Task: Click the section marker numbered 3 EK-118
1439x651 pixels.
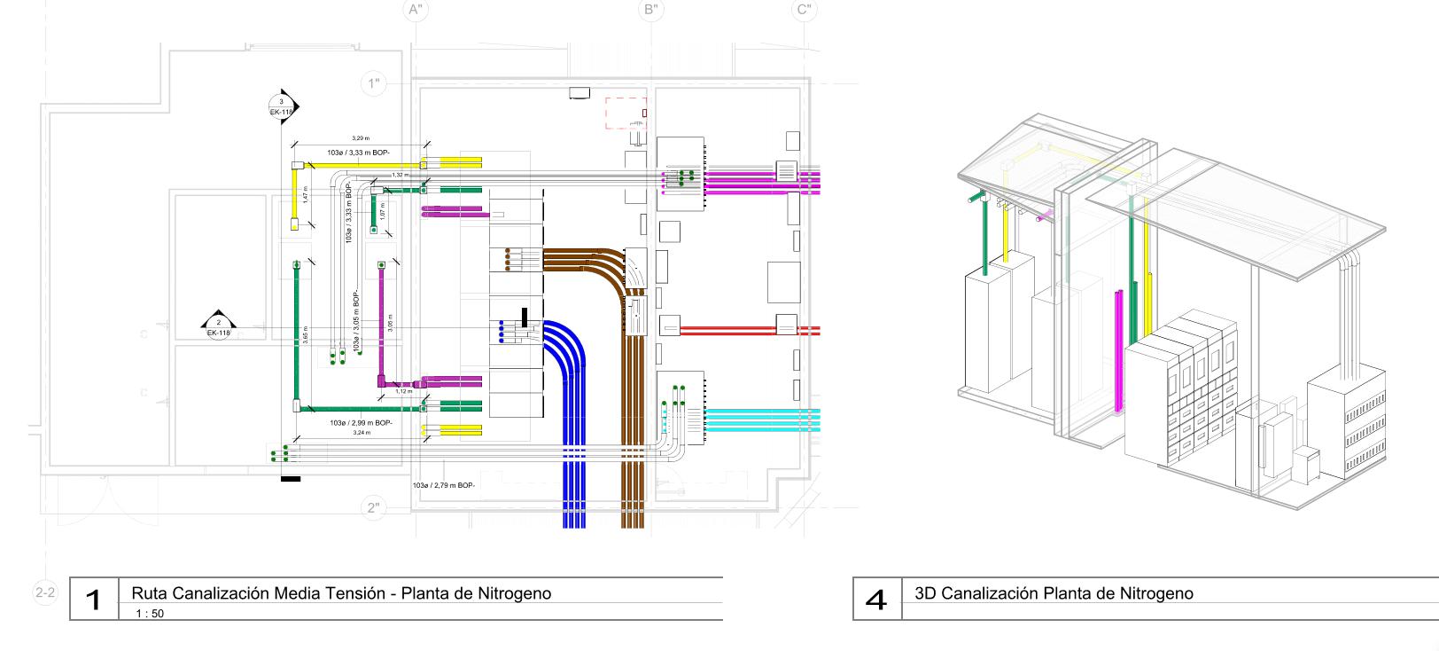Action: click(x=283, y=106)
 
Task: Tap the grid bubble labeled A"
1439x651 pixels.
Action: click(x=415, y=10)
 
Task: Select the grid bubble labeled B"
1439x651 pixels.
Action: click(x=652, y=10)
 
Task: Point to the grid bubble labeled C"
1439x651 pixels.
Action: click(x=805, y=10)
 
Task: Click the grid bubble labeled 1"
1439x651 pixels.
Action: click(x=375, y=84)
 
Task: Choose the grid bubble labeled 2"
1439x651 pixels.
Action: click(x=375, y=507)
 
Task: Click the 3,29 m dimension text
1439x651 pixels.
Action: click(x=361, y=138)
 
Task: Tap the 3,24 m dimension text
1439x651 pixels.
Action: click(x=362, y=433)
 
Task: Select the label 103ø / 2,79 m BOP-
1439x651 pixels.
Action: click(x=444, y=485)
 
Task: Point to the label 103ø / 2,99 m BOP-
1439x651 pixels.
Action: click(x=361, y=423)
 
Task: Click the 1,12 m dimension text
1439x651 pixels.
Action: click(x=403, y=391)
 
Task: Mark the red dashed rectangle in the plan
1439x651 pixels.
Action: click(x=626, y=114)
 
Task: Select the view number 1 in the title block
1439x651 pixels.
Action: click(x=94, y=600)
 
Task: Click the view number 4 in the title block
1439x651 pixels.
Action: click(x=876, y=600)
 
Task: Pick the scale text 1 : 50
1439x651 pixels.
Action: click(x=150, y=613)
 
